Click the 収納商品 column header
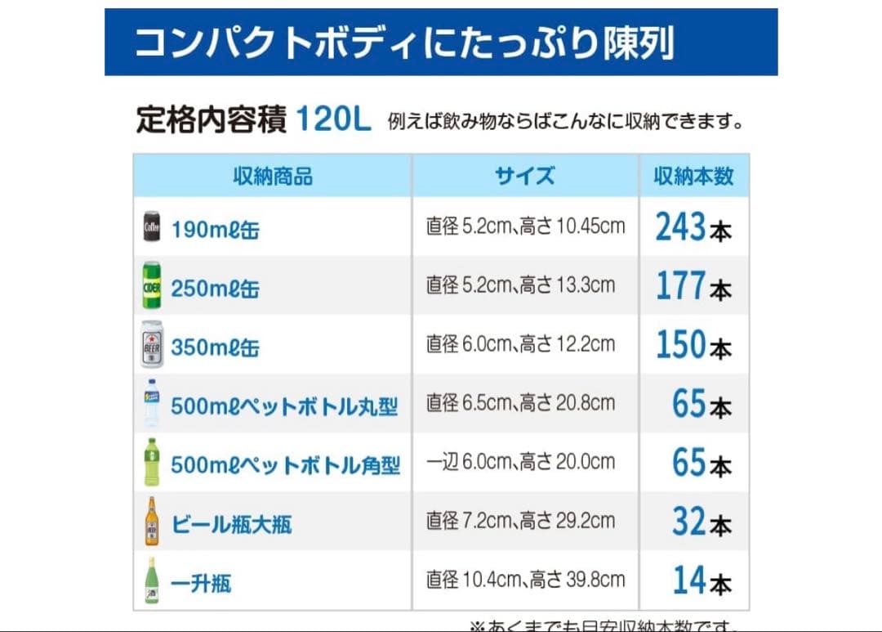273,176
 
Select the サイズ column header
524,176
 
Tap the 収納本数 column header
693,176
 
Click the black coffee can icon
152,226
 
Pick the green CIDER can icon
152,285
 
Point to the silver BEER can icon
152,344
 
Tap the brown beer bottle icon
152,521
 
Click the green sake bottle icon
151,580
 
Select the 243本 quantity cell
693,227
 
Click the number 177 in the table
680,286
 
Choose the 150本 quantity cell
693,345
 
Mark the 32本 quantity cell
702,522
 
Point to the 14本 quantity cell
702,580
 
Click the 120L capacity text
332,120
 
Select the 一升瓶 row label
201,583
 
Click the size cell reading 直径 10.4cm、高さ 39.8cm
525,580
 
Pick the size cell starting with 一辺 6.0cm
520,462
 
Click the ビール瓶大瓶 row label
231,524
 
